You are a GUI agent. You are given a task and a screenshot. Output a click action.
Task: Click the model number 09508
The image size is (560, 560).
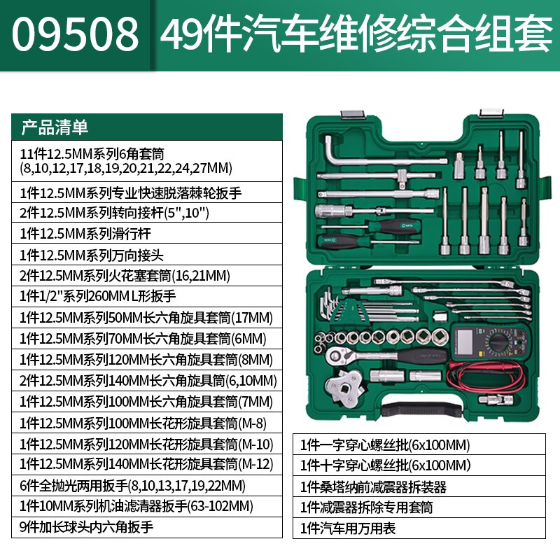(x=75, y=34)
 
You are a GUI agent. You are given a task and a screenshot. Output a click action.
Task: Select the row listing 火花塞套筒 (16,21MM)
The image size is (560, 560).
(x=147, y=275)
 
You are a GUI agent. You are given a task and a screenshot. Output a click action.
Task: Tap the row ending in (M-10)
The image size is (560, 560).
(x=147, y=444)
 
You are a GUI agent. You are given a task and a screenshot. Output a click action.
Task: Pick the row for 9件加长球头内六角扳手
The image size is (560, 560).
(x=147, y=528)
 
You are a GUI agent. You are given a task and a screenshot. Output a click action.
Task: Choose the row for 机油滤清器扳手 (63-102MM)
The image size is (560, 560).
(x=147, y=506)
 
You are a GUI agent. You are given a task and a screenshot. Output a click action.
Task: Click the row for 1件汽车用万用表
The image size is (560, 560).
(x=419, y=528)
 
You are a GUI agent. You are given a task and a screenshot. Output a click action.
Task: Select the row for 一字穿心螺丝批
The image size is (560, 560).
(x=419, y=444)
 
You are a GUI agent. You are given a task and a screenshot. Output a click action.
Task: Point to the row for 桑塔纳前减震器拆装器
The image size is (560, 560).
(x=419, y=486)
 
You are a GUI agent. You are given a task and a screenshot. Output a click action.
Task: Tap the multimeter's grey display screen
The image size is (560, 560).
(x=465, y=341)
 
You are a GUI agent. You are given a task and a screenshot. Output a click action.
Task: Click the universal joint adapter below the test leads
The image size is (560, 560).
(x=496, y=399)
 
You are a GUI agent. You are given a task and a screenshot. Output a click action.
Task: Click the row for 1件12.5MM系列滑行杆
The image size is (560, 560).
(x=147, y=233)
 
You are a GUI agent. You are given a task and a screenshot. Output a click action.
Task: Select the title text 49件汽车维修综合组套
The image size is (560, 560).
(x=356, y=34)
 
